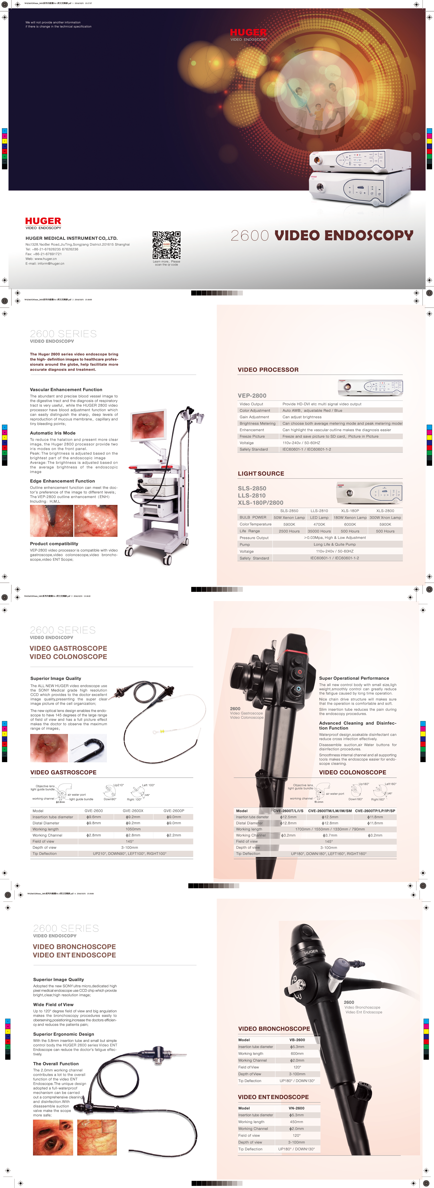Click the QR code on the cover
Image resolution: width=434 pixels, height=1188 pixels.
click(x=166, y=245)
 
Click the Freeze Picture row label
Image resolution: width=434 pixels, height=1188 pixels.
click(x=252, y=436)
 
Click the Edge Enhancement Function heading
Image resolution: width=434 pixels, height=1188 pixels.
click(x=62, y=481)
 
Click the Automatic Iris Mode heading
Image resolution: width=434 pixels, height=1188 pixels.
click(x=53, y=433)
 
